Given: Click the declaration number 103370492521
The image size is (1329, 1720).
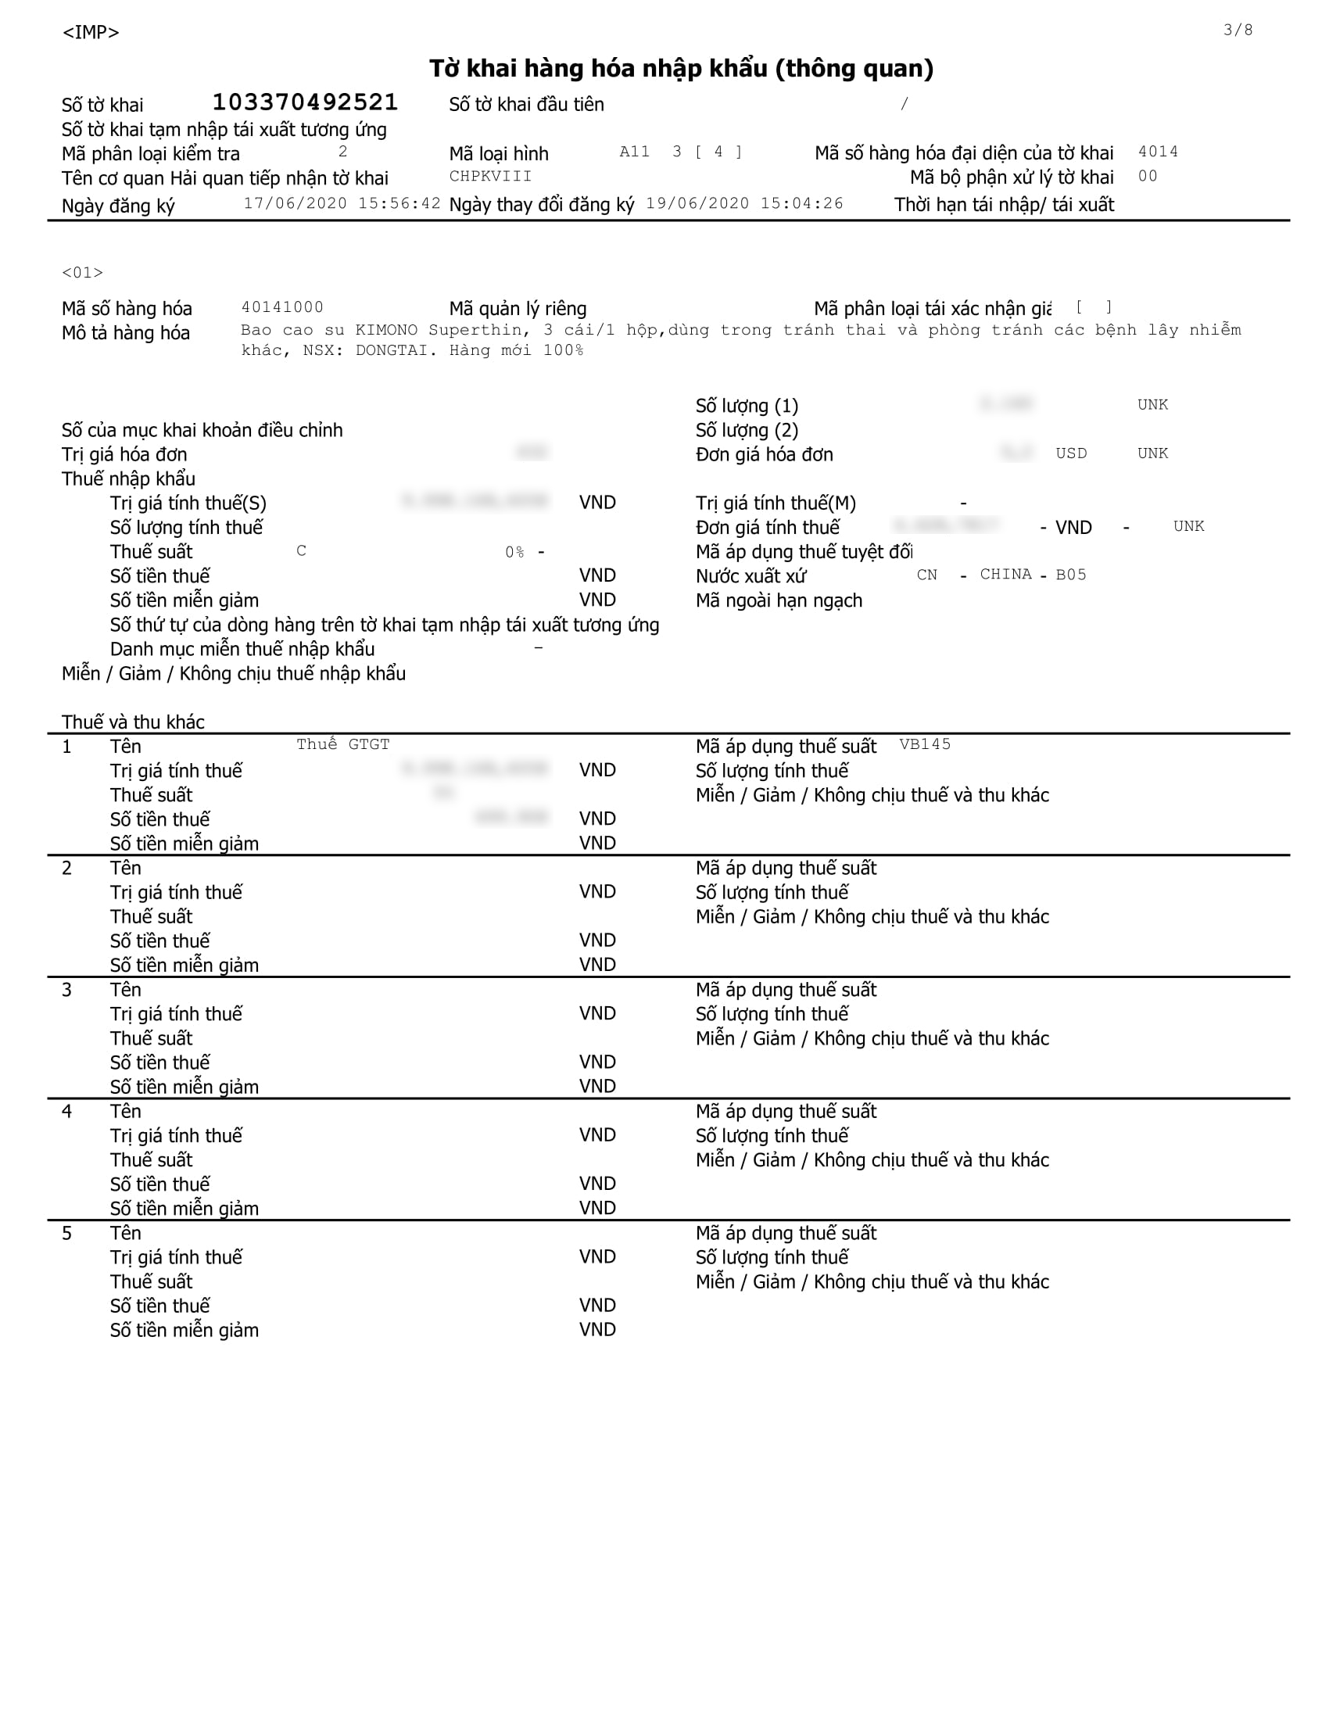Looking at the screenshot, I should (x=305, y=102).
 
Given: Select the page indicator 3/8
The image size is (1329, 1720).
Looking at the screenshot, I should (x=1238, y=30).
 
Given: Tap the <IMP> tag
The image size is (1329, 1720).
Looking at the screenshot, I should (x=91, y=32).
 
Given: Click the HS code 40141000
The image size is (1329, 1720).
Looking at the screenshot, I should (x=282, y=307).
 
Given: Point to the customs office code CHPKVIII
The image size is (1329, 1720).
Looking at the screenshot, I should (x=490, y=177).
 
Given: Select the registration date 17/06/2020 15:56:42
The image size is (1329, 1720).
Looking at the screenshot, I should (x=342, y=203).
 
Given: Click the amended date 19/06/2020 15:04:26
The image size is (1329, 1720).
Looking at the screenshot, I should (x=744, y=203).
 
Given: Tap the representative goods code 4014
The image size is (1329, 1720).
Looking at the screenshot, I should (x=1157, y=151).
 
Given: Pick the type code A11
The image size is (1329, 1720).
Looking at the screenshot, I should (x=635, y=151).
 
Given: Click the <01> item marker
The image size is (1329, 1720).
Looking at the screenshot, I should (x=83, y=273).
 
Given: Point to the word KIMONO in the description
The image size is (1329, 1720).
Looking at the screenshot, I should (x=385, y=330).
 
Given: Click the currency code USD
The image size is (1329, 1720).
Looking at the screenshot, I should (x=1071, y=453).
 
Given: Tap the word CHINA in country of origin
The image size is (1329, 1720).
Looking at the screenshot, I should (x=1005, y=574).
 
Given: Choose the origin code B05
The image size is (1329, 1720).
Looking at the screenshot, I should (x=1071, y=575).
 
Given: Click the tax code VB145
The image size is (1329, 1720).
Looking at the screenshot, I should (x=924, y=744).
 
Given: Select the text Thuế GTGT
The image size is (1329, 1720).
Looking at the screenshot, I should (x=342, y=744).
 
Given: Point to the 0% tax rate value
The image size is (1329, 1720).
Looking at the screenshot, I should (x=514, y=552).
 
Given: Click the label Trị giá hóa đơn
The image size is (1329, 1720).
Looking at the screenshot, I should (x=124, y=454).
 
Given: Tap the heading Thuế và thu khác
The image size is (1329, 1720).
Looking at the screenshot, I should (x=133, y=722).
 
